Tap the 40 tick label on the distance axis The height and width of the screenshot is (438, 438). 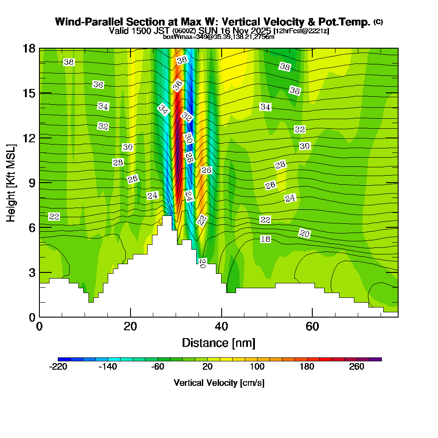221,326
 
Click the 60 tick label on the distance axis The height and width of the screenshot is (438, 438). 312,326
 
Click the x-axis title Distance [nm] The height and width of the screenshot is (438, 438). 219,343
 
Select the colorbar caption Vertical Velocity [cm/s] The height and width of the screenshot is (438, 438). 219,383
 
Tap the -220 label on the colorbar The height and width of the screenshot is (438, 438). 58,367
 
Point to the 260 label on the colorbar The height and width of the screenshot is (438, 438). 357,367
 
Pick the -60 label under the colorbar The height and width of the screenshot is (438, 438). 158,367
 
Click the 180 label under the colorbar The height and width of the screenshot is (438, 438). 307,367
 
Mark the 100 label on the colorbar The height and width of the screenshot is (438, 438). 257,367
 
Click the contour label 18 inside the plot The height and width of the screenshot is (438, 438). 265,239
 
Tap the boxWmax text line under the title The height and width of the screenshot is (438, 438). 219,37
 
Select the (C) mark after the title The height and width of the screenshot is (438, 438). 378,22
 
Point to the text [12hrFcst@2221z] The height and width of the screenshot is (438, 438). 301,31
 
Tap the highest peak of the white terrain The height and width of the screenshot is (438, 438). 167,216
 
